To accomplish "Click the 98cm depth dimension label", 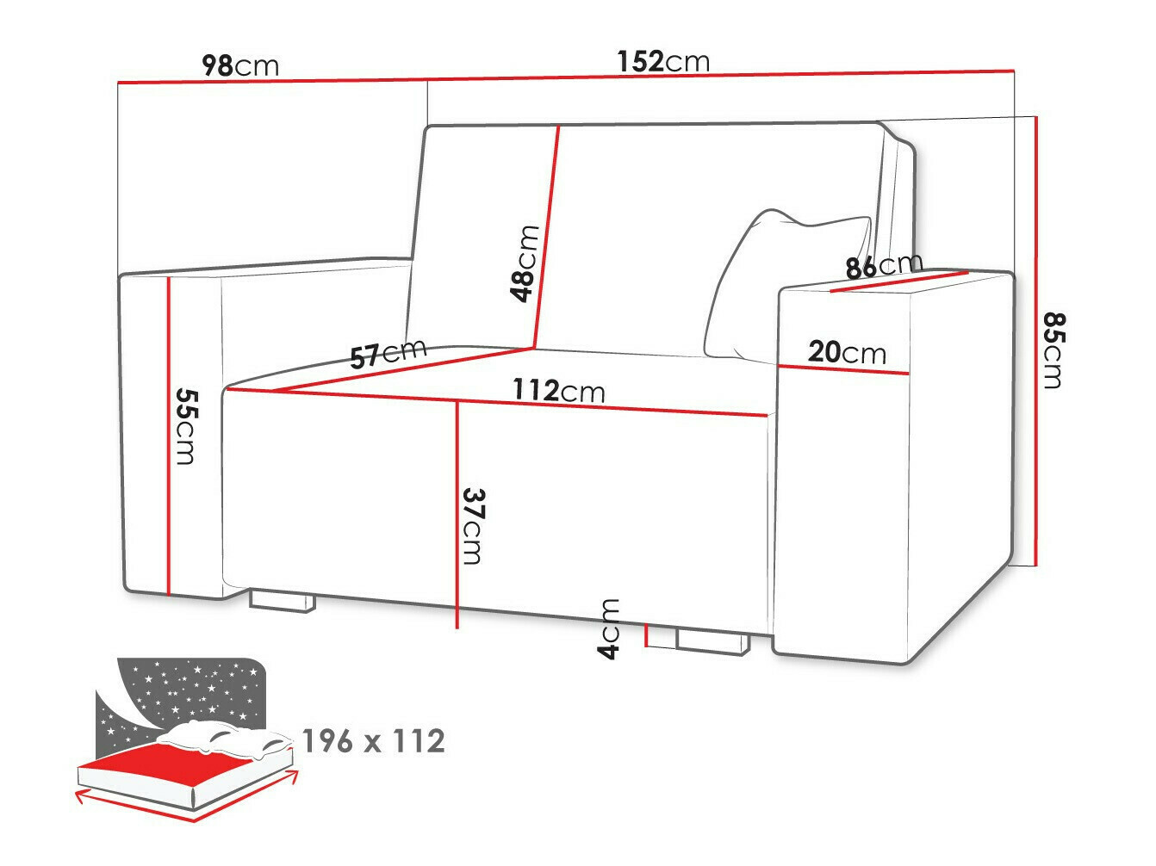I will [x=239, y=65].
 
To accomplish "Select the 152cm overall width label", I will [x=663, y=62].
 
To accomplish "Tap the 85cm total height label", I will [x=1053, y=349].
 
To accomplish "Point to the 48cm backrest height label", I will [x=525, y=263].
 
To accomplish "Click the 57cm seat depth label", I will [x=388, y=353].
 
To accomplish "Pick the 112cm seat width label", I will [x=559, y=391].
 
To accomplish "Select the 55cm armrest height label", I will [x=185, y=425].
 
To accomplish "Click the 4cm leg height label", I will [x=609, y=628].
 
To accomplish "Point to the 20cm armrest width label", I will [x=847, y=352].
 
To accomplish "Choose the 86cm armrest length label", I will [x=884, y=266].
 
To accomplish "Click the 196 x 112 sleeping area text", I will [x=373, y=740].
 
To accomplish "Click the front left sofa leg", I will [x=281, y=601].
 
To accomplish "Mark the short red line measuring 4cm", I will [x=646, y=634].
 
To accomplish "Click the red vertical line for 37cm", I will [x=457, y=517].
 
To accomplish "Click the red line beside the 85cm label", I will [x=1036, y=344].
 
